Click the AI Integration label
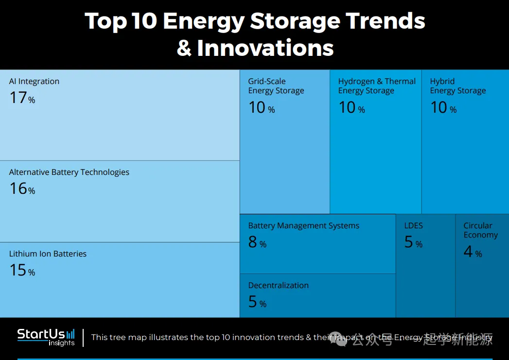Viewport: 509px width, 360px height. [x=34, y=82]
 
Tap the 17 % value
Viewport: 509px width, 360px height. [x=22, y=98]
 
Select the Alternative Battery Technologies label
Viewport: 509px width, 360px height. [x=69, y=172]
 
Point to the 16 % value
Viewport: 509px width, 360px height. [x=22, y=189]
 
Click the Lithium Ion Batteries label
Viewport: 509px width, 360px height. [x=48, y=254]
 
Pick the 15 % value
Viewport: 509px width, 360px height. [x=22, y=271]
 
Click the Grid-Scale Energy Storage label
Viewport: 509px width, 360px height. [x=276, y=86]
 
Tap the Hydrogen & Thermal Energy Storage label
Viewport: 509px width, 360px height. [x=377, y=86]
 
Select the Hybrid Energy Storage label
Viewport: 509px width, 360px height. [x=457, y=86]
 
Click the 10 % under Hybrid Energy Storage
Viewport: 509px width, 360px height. [x=443, y=108]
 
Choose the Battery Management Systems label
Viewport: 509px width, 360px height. [x=303, y=226]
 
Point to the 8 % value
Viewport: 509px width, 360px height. [x=257, y=242]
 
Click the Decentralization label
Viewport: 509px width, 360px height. [x=278, y=286]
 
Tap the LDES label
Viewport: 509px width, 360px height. [x=413, y=226]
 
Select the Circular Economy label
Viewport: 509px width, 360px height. [x=480, y=230]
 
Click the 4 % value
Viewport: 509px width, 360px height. [x=473, y=252]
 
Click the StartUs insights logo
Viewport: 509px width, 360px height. [x=46, y=337]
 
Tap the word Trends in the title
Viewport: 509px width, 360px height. [x=385, y=21]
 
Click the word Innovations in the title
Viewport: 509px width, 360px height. [x=265, y=48]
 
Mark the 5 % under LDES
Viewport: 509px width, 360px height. [x=413, y=242]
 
